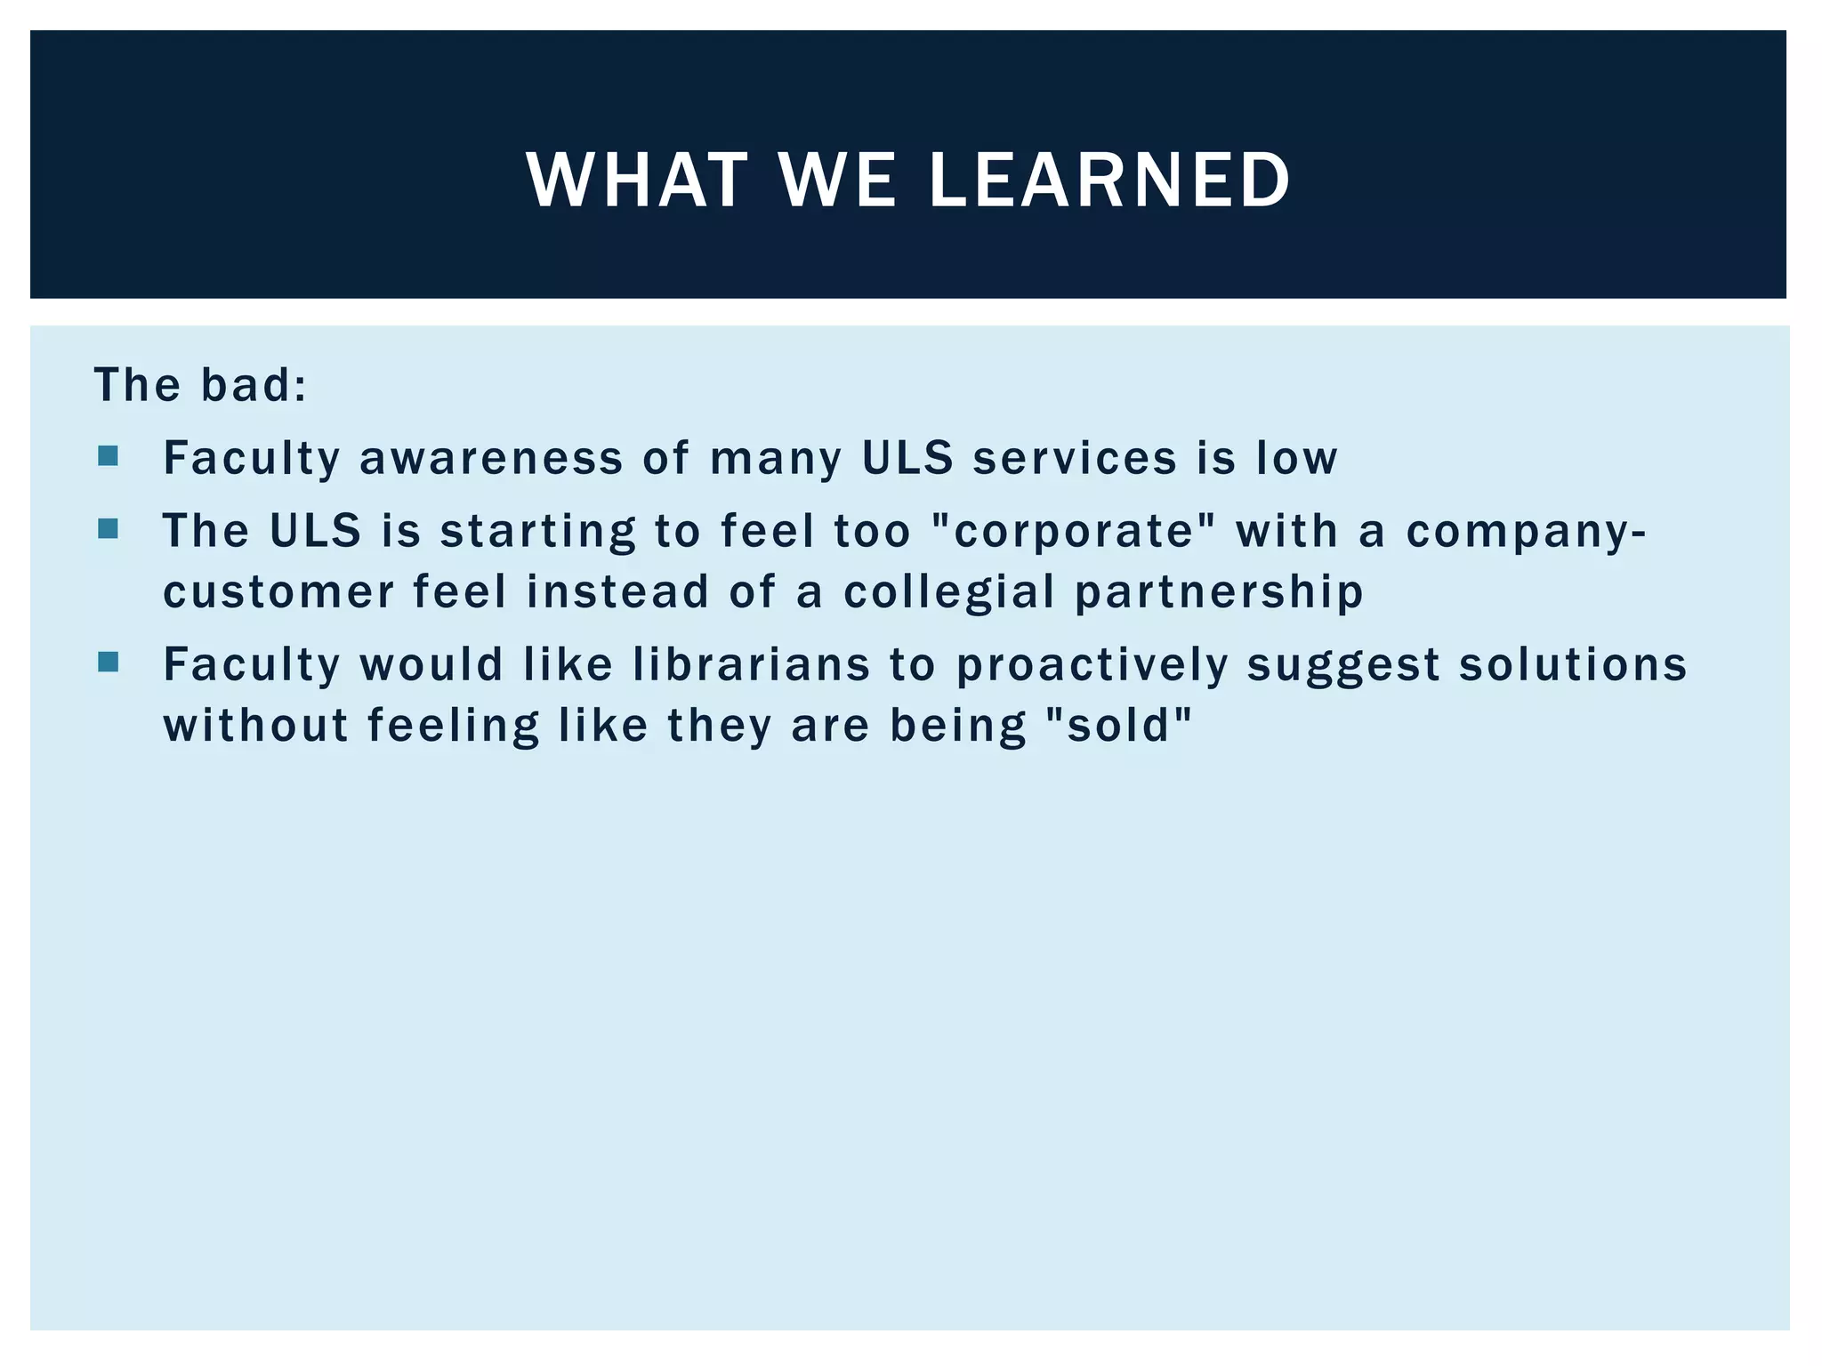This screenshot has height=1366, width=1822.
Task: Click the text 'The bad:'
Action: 201,386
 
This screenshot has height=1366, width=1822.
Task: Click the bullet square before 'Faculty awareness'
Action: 109,457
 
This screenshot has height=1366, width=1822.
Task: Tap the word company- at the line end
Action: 1526,532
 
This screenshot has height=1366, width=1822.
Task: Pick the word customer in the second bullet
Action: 278,593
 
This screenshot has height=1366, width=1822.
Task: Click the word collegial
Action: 948,593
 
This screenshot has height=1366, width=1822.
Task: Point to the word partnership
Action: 1219,593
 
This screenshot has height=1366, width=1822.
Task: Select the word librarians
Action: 752,665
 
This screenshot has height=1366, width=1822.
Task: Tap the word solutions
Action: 1573,665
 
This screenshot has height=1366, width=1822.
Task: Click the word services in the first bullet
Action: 1075,459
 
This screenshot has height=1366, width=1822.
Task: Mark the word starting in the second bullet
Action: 538,532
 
